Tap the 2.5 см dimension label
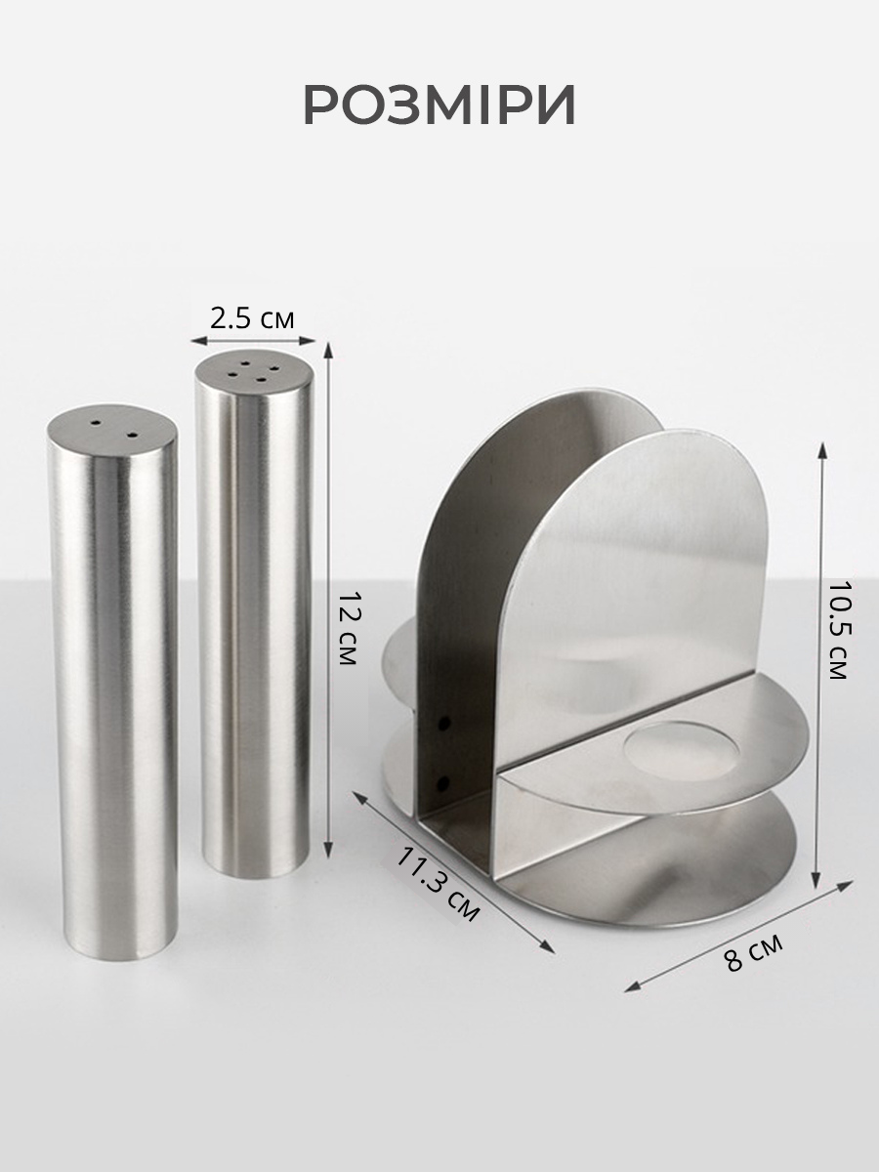pyautogui.click(x=252, y=318)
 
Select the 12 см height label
pyautogui.click(x=348, y=628)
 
